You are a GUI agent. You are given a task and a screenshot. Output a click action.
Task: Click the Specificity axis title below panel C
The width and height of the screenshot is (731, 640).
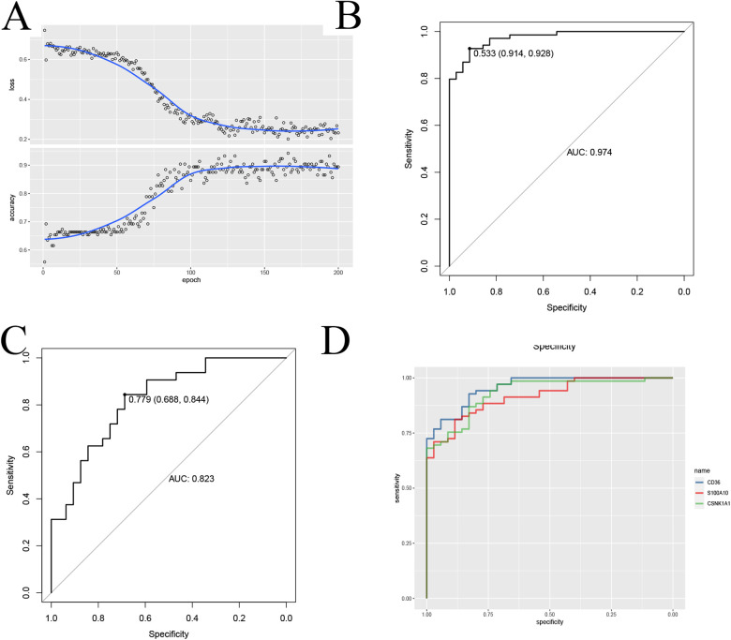click(x=169, y=634)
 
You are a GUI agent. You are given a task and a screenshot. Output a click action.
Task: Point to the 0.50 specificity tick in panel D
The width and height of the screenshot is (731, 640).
click(x=548, y=609)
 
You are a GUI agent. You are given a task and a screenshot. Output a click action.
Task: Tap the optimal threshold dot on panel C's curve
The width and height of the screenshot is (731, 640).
click(x=125, y=394)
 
